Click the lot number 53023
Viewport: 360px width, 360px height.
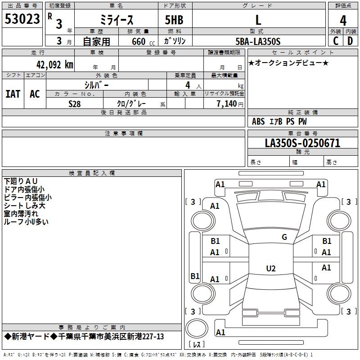pyautogui.click(x=22, y=19)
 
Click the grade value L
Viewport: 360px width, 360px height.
pyautogui.click(x=258, y=20)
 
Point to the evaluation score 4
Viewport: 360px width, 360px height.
pyautogui.click(x=343, y=21)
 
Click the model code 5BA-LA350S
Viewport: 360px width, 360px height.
pyautogui.click(x=258, y=41)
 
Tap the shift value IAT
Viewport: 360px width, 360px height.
pyautogui.click(x=13, y=94)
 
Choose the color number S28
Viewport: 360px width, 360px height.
pyautogui.click(x=75, y=103)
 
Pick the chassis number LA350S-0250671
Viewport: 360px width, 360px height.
pyautogui.click(x=302, y=143)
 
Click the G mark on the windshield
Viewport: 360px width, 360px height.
pyautogui.click(x=284, y=237)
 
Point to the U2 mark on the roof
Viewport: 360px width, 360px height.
pyautogui.click(x=270, y=269)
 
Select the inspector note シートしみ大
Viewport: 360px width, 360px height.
pyautogui.click(x=24, y=205)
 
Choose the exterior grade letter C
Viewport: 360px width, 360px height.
pyautogui.click(x=335, y=41)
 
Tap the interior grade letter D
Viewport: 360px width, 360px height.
pyautogui.click(x=350, y=41)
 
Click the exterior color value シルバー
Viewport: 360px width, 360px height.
pyautogui.click(x=96, y=85)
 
